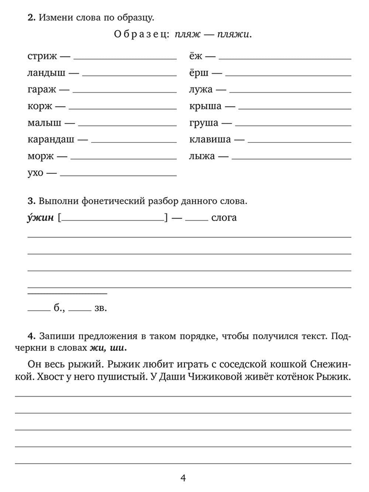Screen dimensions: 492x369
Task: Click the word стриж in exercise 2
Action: point(42,56)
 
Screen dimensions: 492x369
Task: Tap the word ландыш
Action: point(46,73)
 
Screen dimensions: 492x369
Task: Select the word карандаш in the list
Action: point(51,140)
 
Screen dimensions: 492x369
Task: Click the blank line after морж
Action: point(123,158)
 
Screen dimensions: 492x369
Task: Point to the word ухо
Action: point(35,173)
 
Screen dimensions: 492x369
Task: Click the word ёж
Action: point(196,56)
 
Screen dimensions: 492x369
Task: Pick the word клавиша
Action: point(210,140)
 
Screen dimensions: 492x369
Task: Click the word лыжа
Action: point(202,156)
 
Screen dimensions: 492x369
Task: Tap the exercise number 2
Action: point(31,17)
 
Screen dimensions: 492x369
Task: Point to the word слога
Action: point(224,218)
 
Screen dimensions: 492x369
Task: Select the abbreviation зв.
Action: point(100,308)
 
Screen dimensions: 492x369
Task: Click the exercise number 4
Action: point(31,336)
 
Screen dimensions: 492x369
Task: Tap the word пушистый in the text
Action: point(124,377)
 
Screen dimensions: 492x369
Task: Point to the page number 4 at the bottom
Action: point(183,478)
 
